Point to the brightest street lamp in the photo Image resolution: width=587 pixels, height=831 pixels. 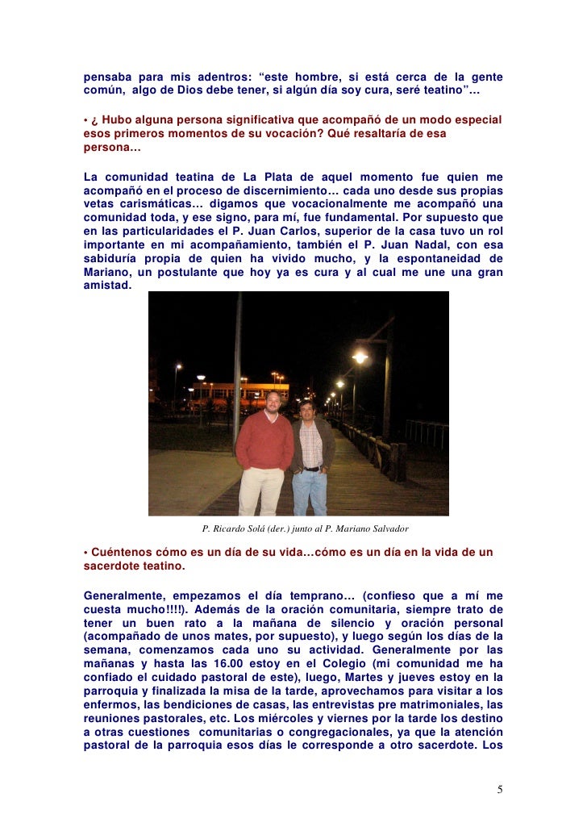pos(360,356)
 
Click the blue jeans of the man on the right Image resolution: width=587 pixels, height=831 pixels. pos(309,491)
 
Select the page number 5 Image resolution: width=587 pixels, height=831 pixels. pos(500,788)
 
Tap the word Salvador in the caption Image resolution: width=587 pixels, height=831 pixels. pos(389,528)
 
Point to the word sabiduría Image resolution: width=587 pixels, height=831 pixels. pos(114,259)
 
